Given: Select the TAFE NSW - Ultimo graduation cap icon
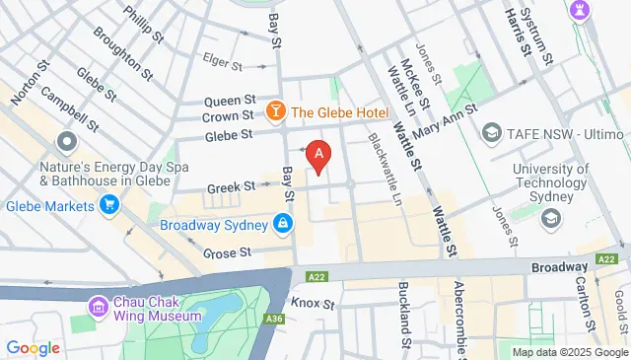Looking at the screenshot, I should pyautogui.click(x=490, y=132).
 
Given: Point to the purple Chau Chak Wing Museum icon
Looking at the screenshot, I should pyautogui.click(x=98, y=307).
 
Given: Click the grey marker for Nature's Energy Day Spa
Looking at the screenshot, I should pyautogui.click(x=67, y=142).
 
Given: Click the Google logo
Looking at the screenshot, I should pyautogui.click(x=33, y=347).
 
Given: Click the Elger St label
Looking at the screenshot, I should pyautogui.click(x=222, y=66).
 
